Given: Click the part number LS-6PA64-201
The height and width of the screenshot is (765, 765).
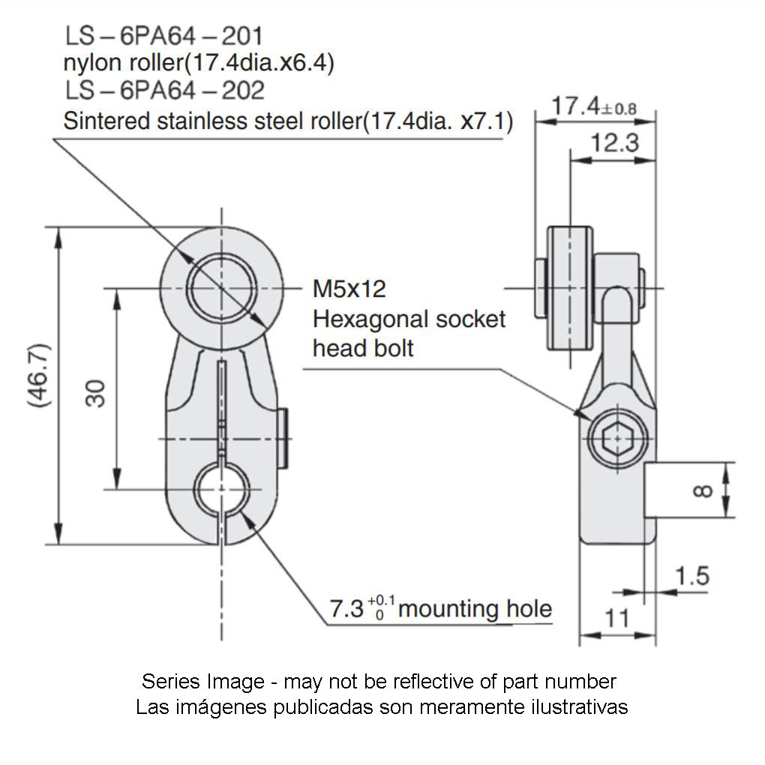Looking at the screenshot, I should (163, 35).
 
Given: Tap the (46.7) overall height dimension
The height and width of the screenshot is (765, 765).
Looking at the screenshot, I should (38, 375).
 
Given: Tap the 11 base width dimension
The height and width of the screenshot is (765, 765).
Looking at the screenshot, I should (616, 618).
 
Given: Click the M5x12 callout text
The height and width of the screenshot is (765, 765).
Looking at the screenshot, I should (349, 289).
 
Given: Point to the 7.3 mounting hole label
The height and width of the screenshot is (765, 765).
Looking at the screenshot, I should (440, 608).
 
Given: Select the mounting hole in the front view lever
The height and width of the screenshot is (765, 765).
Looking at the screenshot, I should (221, 490).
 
